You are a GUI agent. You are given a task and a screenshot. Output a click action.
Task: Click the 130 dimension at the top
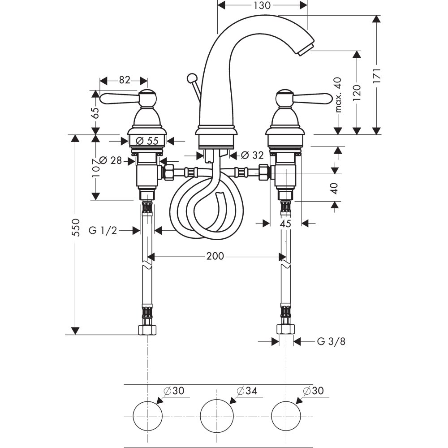[262, 6]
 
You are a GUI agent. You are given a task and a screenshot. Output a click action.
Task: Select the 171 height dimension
[377, 76]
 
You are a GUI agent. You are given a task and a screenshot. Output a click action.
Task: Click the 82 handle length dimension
[124, 81]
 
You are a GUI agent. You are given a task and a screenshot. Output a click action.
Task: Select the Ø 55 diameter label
[147, 140]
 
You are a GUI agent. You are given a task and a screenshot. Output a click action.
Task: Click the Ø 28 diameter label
[110, 160]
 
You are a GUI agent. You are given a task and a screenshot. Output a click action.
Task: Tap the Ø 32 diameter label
[252, 155]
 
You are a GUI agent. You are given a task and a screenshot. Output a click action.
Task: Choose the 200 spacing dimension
[215, 256]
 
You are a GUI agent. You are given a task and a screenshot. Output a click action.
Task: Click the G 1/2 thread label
[103, 230]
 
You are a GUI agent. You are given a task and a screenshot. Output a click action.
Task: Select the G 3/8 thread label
[331, 341]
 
